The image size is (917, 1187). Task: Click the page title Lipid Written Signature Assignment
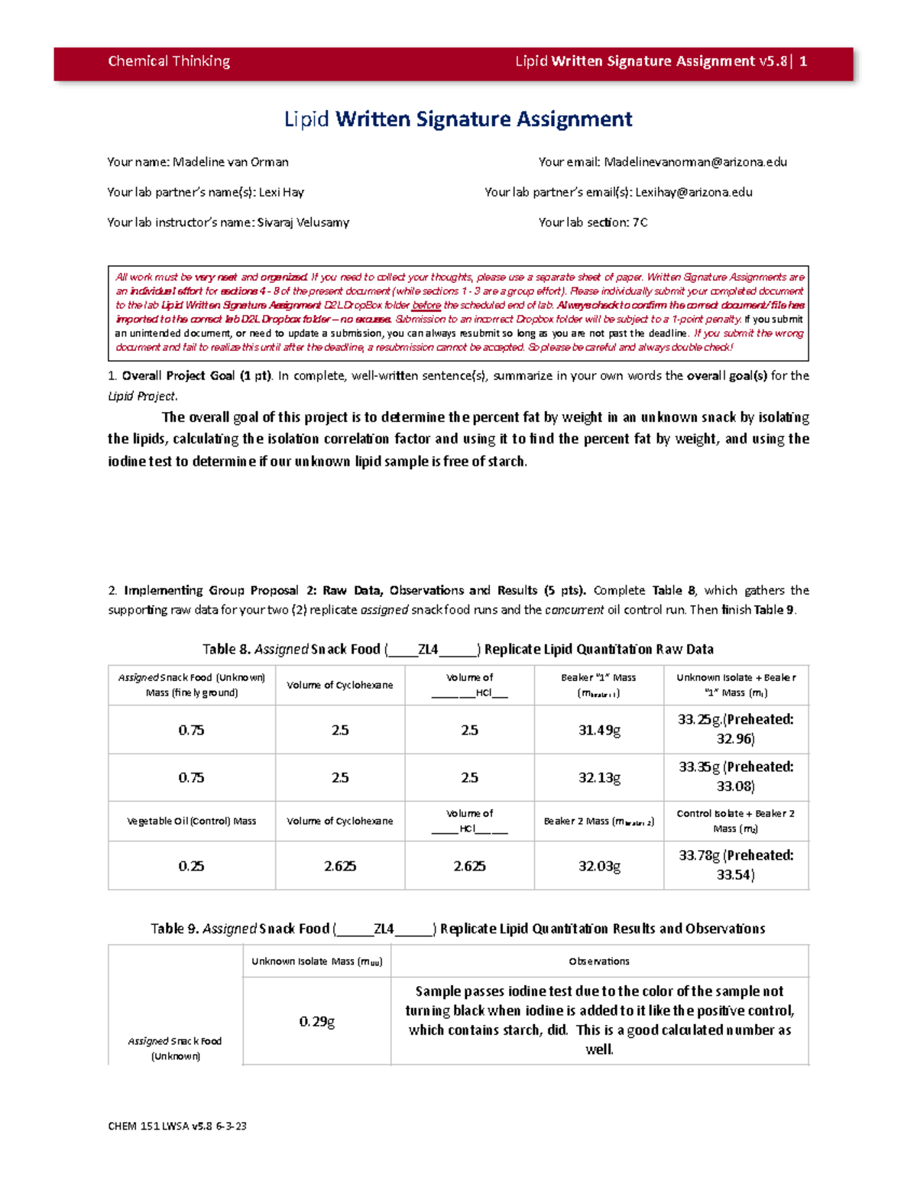pos(458,119)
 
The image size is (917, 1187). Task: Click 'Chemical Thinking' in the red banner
pos(169,61)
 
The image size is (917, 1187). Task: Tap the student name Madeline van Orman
pos(230,162)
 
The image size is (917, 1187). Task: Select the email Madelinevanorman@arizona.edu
pos(695,162)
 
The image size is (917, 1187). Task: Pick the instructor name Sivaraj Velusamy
pos(303,222)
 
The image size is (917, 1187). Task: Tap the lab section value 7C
pos(640,222)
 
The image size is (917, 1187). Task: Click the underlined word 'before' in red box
pos(426,305)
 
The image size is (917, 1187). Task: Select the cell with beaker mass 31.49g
pos(599,730)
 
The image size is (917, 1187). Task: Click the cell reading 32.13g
pos(599,777)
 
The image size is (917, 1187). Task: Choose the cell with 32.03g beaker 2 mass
pos(599,866)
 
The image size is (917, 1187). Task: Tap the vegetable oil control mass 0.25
pos(191,866)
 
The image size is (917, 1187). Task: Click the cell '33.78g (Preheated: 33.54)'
pos(736,865)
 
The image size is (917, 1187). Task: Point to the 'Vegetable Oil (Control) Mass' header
pos(191,821)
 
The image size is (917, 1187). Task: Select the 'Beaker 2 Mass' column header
pos(598,821)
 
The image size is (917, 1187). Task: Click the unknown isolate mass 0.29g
pos(316,1021)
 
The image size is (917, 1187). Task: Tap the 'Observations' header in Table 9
pos(599,962)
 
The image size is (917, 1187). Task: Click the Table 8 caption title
pos(458,649)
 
